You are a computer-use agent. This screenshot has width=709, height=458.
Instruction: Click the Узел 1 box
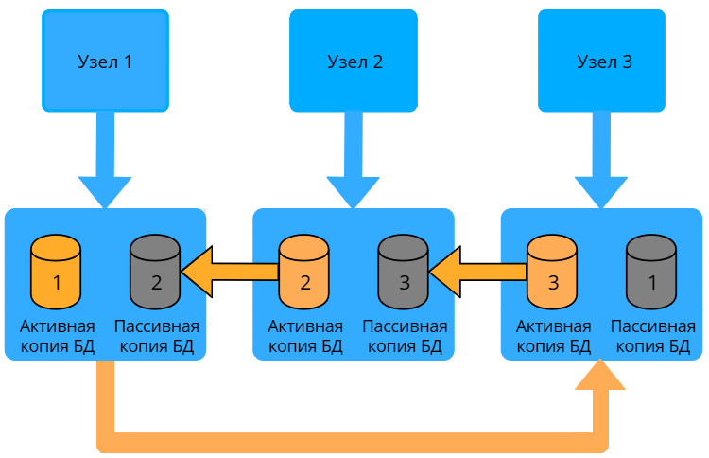point(105,62)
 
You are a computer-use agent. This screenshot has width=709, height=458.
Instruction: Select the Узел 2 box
point(354,62)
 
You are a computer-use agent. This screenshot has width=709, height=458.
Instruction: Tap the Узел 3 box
point(603,62)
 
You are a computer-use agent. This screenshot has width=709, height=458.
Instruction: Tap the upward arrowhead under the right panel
point(600,377)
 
